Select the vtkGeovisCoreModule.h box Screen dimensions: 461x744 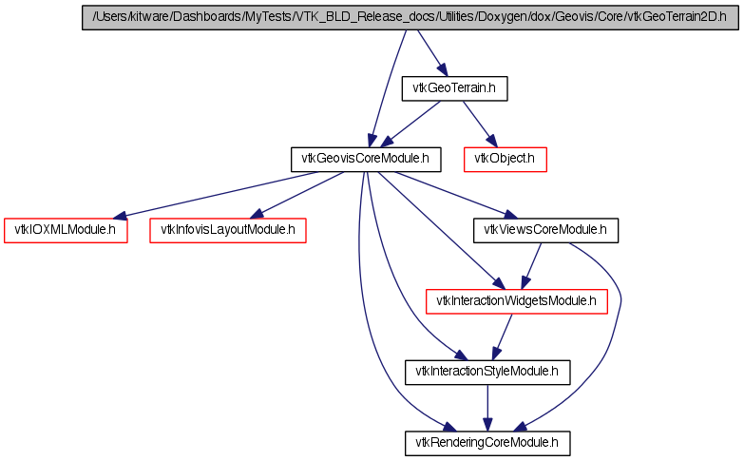coord(366,159)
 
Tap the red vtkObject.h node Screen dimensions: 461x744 coord(506,159)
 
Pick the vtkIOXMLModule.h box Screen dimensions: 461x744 coord(66,230)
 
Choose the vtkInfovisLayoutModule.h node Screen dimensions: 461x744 coord(228,230)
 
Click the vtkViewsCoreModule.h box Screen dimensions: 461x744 coord(546,230)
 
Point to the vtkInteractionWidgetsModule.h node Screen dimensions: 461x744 coord(515,301)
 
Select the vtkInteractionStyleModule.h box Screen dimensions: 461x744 coord(487,372)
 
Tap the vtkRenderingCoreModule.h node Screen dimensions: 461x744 coord(487,443)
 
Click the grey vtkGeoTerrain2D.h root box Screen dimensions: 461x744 coord(410,19)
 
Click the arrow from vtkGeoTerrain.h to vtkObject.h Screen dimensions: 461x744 coord(479,123)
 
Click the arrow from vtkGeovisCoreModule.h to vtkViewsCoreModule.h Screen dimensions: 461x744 coord(451,193)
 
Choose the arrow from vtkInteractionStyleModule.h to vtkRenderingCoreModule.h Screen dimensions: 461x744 coord(487,407)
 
